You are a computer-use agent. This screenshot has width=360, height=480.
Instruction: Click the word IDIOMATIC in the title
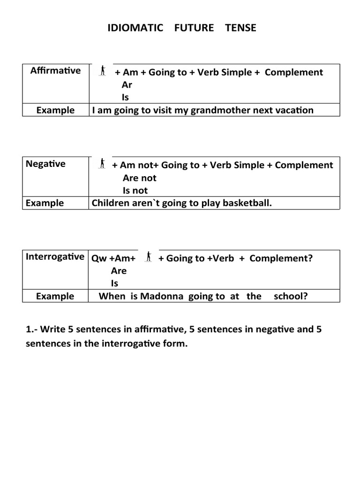tap(135, 28)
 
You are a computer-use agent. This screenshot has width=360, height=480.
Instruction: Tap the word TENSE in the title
tap(240, 28)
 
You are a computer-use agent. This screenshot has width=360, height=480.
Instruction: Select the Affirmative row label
tap(55, 71)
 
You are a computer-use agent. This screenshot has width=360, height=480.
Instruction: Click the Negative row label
tap(45, 164)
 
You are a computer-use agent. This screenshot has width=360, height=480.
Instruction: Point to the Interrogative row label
tap(55, 257)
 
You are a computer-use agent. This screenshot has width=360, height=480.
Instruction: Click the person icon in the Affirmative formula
tap(103, 71)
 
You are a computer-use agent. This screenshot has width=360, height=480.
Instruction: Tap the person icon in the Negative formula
tap(103, 164)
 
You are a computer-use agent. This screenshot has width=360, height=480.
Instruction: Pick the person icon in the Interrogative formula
tap(149, 256)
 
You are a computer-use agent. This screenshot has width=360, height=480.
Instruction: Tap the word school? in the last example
tap(291, 296)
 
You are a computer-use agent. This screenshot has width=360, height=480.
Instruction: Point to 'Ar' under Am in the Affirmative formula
tap(127, 85)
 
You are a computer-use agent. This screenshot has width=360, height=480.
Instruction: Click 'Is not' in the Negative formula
tap(135, 190)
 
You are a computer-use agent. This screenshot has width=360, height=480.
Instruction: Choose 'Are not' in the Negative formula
tap(139, 178)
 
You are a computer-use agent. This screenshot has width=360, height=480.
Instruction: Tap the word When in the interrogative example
tap(112, 296)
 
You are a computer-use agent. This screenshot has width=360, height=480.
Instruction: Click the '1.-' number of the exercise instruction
tap(32, 329)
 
